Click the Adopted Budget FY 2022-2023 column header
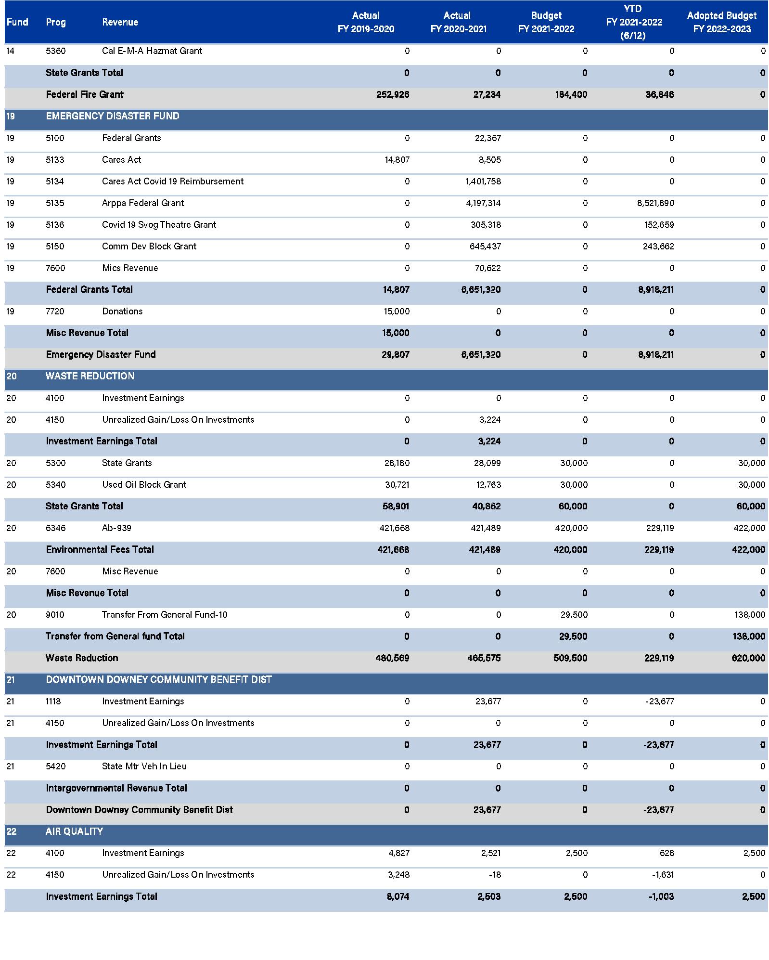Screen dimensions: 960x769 tap(721, 22)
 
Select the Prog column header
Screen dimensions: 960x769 tap(56, 22)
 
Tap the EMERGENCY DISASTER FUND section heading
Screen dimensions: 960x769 tap(113, 116)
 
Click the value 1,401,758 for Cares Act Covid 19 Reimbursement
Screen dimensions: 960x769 tap(483, 182)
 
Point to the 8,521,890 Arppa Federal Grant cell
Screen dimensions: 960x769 tap(655, 203)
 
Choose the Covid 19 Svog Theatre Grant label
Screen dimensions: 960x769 tap(159, 225)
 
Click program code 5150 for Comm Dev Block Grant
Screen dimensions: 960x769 tap(55, 246)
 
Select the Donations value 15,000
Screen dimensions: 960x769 tap(397, 311)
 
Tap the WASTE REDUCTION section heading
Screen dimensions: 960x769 tap(90, 376)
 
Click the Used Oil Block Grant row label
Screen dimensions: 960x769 tap(144, 485)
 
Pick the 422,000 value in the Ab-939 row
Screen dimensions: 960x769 tap(749, 528)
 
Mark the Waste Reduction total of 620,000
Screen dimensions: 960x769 tap(748, 658)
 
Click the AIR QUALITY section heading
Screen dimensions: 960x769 tap(74, 831)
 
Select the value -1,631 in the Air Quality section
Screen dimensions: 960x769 tap(663, 875)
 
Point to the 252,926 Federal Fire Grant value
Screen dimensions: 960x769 tap(393, 94)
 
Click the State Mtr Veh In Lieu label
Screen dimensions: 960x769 tap(144, 766)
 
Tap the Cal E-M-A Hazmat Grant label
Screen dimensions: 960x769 tap(152, 51)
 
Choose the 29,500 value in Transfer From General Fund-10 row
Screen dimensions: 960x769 tap(574, 615)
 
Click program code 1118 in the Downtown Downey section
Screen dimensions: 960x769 tap(53, 701)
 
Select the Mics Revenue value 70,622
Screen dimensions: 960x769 tap(487, 268)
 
